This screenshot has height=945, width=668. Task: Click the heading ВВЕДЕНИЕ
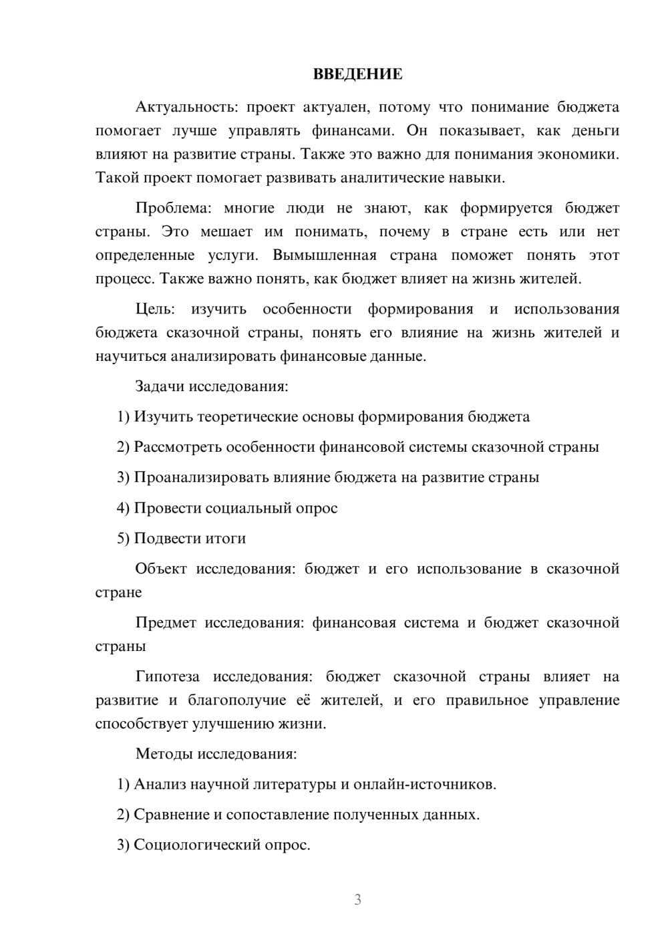[357, 74]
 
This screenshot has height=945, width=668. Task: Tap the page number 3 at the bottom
[357, 900]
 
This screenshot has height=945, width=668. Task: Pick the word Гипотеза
[167, 676]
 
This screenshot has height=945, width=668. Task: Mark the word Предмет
[166, 622]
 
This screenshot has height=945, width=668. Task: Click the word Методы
[164, 754]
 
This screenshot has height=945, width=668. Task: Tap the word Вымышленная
[325, 255]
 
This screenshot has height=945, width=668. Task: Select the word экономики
[579, 154]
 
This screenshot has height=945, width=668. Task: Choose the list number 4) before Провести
[123, 508]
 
